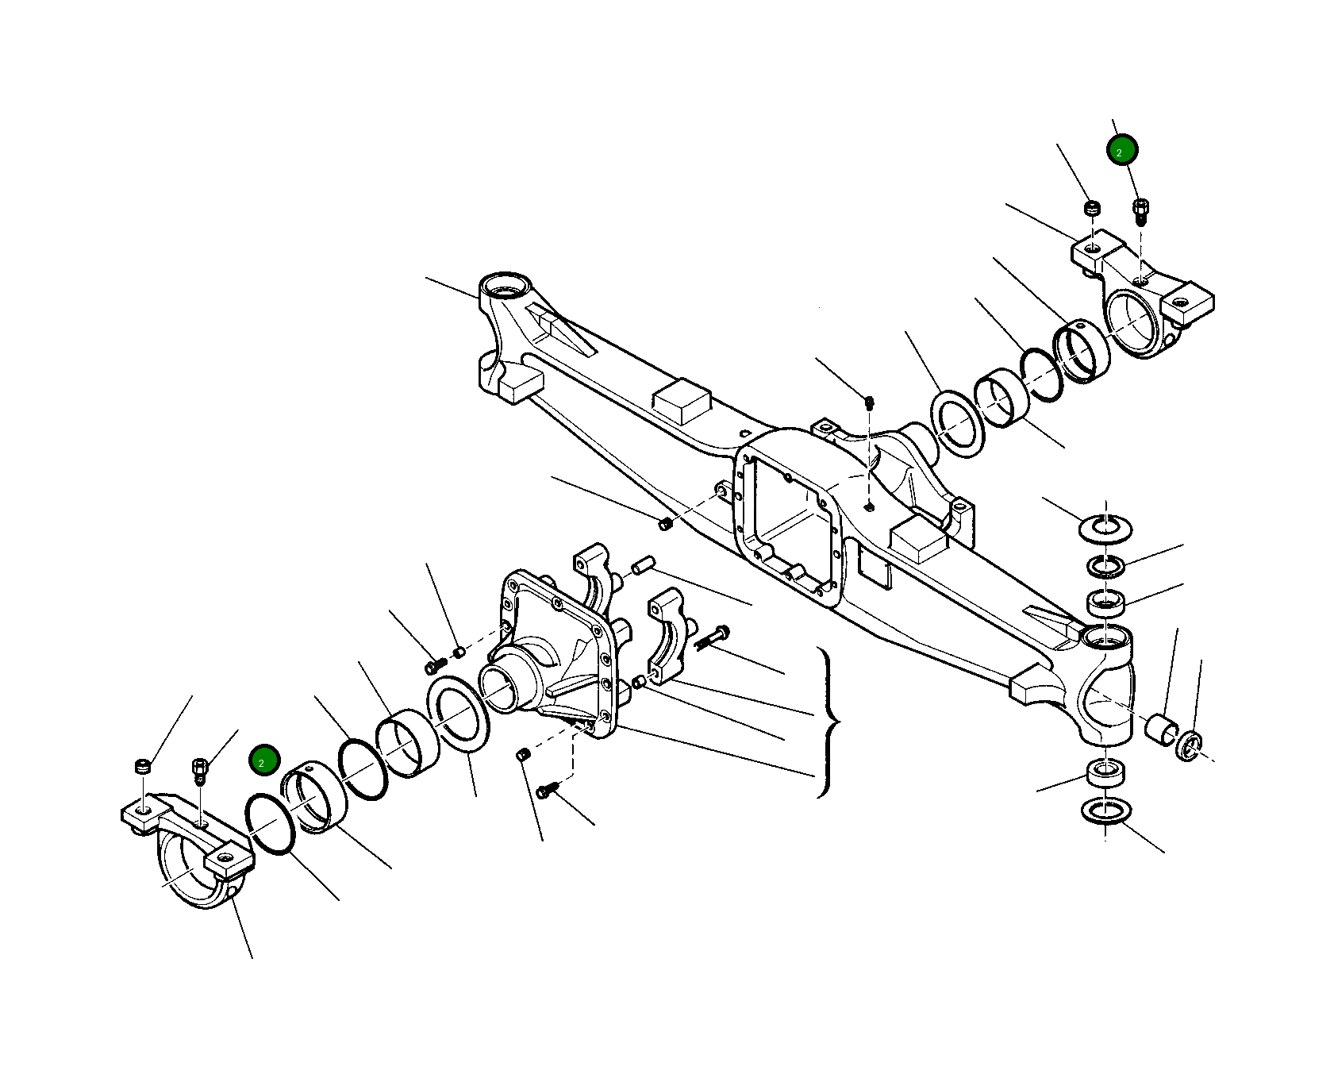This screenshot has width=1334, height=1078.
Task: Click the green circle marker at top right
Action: [x=1122, y=149]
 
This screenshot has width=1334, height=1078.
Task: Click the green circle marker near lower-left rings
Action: [x=263, y=760]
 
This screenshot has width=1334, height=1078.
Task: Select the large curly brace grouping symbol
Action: [x=827, y=722]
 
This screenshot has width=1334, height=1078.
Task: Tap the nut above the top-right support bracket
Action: [x=1093, y=209]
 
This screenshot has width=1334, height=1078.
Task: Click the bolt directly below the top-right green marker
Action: [x=1141, y=211]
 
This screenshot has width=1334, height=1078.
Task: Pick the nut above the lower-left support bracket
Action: [x=143, y=767]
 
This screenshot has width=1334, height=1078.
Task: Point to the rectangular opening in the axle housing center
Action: [x=790, y=516]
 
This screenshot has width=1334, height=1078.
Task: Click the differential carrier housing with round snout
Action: [x=548, y=651]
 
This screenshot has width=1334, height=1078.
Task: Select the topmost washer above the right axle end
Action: [x=1105, y=528]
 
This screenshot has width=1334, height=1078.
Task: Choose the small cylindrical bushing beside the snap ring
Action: [x=1160, y=728]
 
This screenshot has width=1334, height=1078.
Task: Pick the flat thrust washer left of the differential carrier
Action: [x=458, y=710]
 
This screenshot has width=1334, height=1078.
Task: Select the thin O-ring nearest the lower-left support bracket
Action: [x=271, y=824]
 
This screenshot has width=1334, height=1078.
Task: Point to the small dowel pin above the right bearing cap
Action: [x=642, y=565]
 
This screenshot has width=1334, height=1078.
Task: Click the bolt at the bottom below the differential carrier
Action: [x=548, y=790]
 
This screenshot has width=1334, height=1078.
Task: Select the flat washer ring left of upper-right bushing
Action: [x=957, y=424]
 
